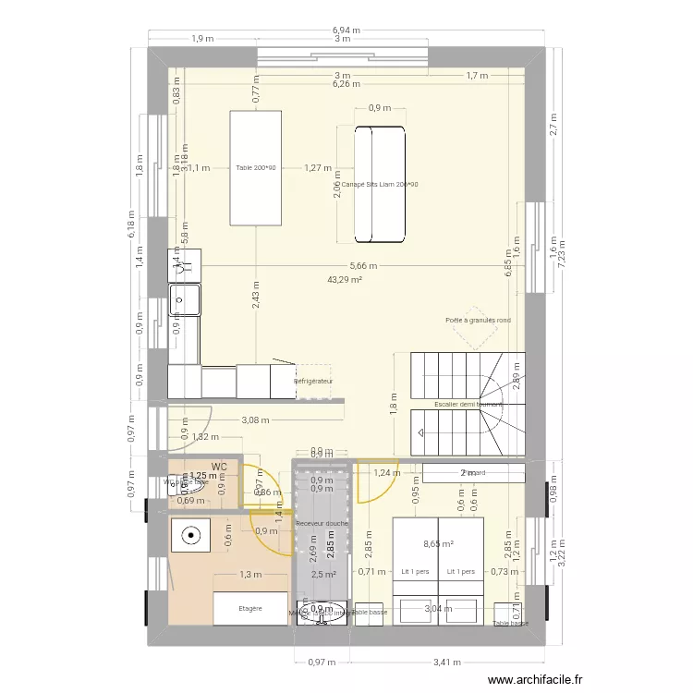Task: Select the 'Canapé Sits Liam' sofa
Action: coord(379,184)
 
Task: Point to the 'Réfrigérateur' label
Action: coord(313,381)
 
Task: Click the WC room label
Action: coord(219,468)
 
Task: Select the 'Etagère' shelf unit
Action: coord(250,608)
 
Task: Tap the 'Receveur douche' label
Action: coord(322,523)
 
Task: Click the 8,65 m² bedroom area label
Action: coord(438,545)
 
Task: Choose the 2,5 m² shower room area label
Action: coord(322,575)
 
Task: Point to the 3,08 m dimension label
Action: coord(255,419)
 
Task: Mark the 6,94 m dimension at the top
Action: coord(346,30)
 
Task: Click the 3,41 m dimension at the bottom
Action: coord(447,662)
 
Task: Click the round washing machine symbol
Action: coord(191,534)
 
